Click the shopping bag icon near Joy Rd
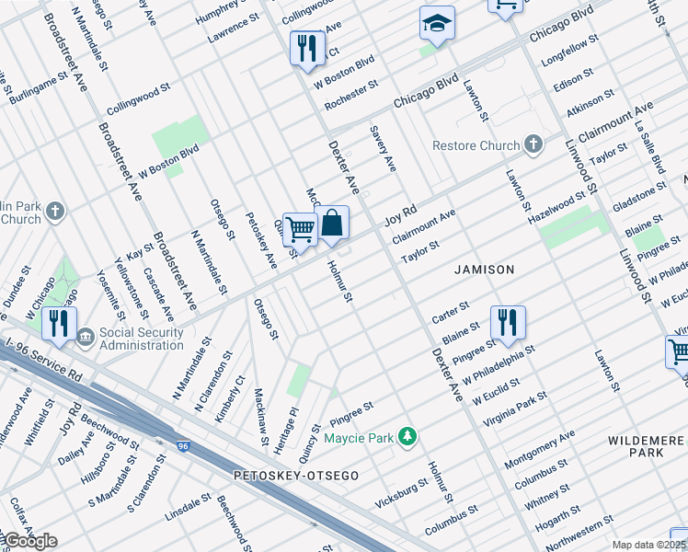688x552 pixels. (x=332, y=223)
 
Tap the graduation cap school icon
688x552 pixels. (x=437, y=25)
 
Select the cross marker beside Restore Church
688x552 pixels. (x=533, y=145)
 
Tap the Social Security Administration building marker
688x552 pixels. (x=86, y=338)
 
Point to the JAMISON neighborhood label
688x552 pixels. (x=484, y=270)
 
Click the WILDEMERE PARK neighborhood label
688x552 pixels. (x=646, y=447)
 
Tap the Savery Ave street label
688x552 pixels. (x=384, y=149)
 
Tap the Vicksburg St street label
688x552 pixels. (x=402, y=493)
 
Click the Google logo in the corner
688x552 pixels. (x=29, y=541)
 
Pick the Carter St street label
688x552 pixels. (x=451, y=310)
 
